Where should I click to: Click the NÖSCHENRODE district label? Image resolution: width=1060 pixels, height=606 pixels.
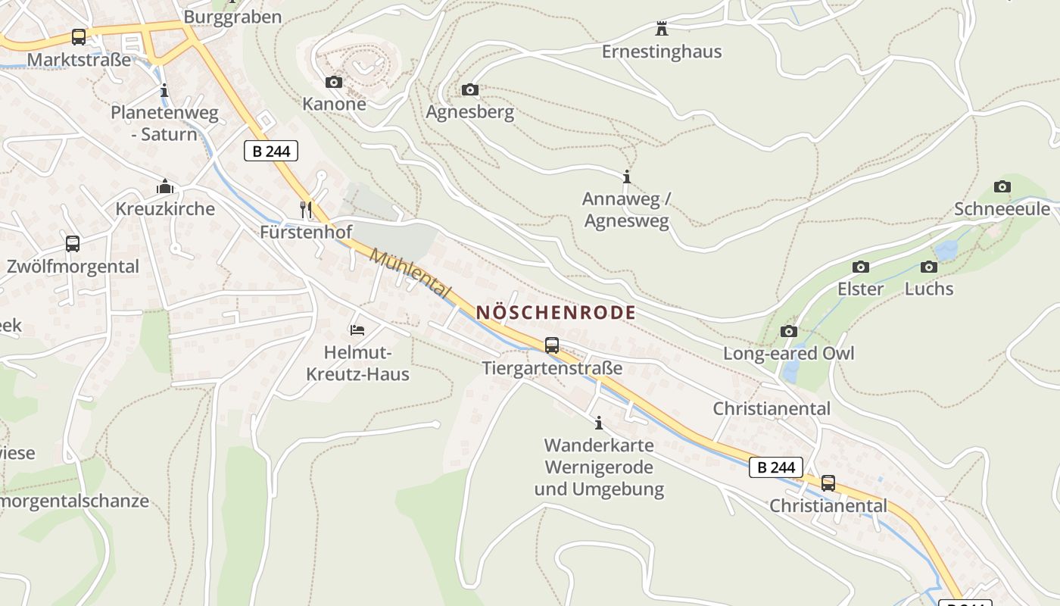pyautogui.click(x=556, y=312)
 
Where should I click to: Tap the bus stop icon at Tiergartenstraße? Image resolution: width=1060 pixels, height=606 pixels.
pyautogui.click(x=552, y=345)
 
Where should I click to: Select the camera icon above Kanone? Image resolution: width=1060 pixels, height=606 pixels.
pyautogui.click(x=334, y=82)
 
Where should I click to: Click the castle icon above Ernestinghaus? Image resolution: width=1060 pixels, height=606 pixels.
pyautogui.click(x=662, y=30)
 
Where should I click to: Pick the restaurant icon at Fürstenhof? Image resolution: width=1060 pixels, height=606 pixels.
pyautogui.click(x=306, y=210)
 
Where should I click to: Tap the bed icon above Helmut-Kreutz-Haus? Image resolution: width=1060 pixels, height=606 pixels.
pyautogui.click(x=357, y=330)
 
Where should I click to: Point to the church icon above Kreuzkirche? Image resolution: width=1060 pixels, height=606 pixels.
pyautogui.click(x=165, y=186)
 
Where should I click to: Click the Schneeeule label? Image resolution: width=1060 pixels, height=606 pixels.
pyautogui.click(x=1002, y=209)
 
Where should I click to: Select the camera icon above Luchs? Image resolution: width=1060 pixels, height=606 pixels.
pyautogui.click(x=929, y=267)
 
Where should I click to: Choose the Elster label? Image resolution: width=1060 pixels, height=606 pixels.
pyautogui.click(x=860, y=289)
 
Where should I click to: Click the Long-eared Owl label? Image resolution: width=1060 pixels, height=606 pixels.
pyautogui.click(x=788, y=354)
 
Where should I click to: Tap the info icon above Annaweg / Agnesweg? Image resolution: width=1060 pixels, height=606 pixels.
pyautogui.click(x=626, y=177)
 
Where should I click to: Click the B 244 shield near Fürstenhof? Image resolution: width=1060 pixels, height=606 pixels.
pyautogui.click(x=271, y=151)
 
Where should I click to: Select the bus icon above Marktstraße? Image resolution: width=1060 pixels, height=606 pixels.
pyautogui.click(x=79, y=36)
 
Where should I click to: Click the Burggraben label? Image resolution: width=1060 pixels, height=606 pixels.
pyautogui.click(x=232, y=17)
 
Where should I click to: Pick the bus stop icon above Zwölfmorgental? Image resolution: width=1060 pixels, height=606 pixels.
pyautogui.click(x=73, y=244)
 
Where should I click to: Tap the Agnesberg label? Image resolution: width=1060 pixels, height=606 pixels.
pyautogui.click(x=469, y=112)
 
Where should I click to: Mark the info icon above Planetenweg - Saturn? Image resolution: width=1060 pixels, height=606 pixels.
pyautogui.click(x=164, y=91)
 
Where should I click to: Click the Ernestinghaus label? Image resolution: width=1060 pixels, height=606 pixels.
pyautogui.click(x=662, y=52)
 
